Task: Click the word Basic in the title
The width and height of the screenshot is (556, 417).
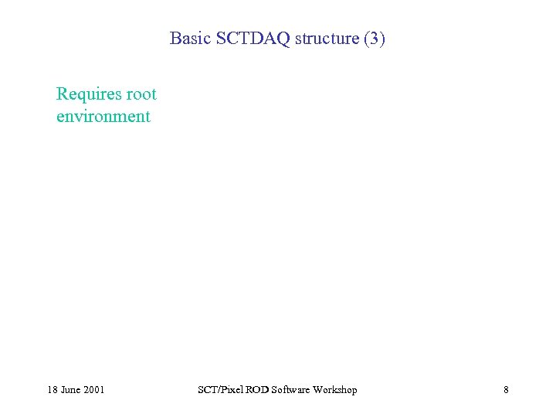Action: [x=188, y=38]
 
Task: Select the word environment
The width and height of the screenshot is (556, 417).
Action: [x=103, y=117]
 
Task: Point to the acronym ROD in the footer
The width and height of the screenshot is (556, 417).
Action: [x=255, y=390]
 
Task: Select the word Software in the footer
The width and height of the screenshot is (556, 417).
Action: [x=289, y=390]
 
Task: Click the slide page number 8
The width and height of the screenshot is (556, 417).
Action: [x=506, y=390]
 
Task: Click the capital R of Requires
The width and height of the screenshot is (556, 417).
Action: [x=62, y=95]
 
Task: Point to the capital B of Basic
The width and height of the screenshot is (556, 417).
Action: [x=175, y=38]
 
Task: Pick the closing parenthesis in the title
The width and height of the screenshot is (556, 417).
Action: [x=381, y=38]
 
